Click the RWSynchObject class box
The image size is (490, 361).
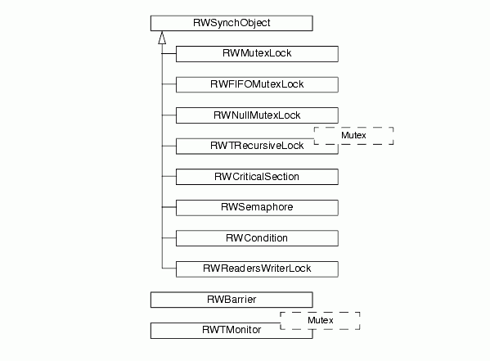[232, 23]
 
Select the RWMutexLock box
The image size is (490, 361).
[257, 54]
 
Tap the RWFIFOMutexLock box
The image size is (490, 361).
[257, 84]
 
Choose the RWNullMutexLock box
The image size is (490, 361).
[257, 115]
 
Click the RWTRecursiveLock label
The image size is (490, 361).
[257, 146]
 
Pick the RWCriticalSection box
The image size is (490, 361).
[257, 177]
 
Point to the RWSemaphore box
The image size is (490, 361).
[257, 207]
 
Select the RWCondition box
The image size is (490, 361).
[257, 238]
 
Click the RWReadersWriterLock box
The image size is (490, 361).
[257, 268]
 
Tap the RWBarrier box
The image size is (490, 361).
[232, 300]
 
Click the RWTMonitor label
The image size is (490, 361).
[232, 330]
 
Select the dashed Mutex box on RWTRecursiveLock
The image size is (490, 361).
[353, 128]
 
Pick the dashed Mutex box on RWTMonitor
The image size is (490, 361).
[320, 313]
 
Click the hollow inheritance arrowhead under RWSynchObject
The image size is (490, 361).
[162, 38]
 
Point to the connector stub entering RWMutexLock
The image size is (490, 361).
[169, 54]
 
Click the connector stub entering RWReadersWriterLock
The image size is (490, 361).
[169, 268]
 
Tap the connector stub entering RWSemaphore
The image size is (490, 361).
[169, 207]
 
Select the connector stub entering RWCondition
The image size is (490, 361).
[169, 237]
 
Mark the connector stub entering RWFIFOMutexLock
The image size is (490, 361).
[169, 83]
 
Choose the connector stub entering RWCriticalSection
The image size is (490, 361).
[169, 177]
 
